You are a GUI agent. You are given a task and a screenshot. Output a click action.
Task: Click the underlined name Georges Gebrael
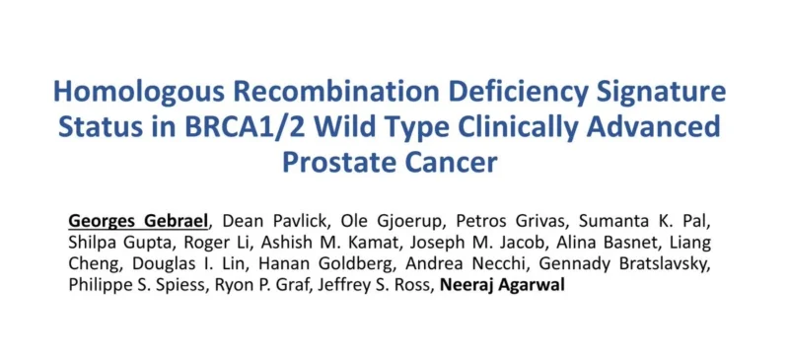click(x=137, y=218)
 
